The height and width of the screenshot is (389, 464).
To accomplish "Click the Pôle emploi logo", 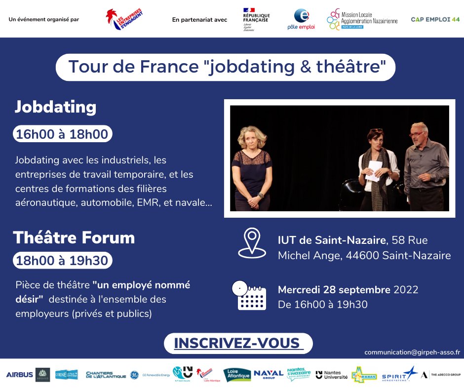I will click(x=301, y=19).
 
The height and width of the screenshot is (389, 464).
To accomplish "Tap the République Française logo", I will click(x=256, y=19).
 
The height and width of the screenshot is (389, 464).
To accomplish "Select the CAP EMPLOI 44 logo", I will click(x=435, y=19).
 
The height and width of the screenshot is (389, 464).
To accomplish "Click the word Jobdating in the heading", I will click(x=55, y=107).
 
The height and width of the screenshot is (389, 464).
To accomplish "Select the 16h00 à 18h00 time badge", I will click(x=62, y=134).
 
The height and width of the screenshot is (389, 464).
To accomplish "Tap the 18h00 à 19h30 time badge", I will click(x=62, y=260).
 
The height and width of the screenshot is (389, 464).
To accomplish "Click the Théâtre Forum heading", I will click(x=74, y=238).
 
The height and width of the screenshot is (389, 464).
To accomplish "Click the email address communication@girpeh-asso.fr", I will click(x=412, y=352).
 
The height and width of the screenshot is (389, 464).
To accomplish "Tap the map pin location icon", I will click(x=252, y=243).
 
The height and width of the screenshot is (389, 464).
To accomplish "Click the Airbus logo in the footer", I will click(x=20, y=375).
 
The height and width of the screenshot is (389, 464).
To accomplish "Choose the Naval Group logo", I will click(x=269, y=374).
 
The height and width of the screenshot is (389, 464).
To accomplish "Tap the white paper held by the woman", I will click(x=375, y=167).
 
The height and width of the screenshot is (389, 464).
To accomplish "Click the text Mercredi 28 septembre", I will click(x=334, y=290).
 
